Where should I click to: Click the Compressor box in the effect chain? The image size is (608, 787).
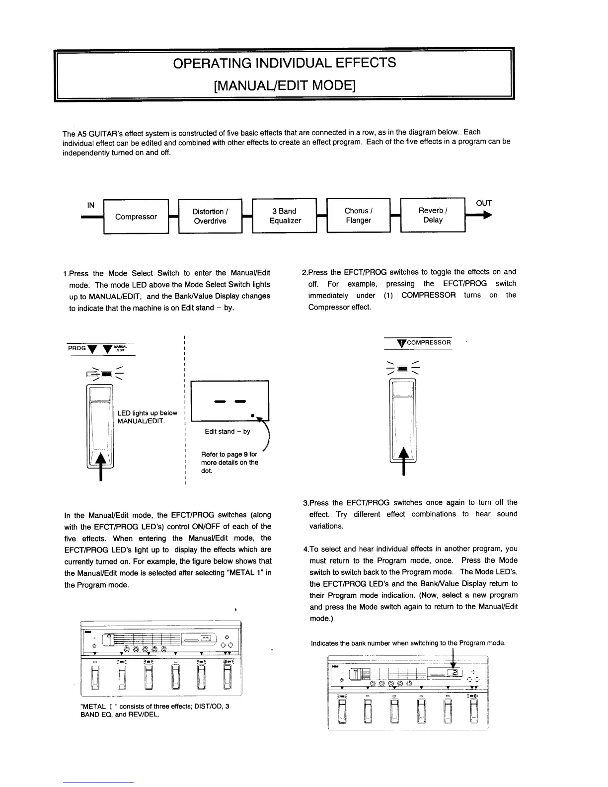point(136,217)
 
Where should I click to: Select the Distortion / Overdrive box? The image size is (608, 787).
point(210,216)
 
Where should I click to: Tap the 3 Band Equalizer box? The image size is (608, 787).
point(285,216)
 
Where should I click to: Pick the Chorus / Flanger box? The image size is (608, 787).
point(358,215)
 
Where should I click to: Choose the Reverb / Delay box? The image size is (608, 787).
point(433,215)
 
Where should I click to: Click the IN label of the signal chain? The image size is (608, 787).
point(91,205)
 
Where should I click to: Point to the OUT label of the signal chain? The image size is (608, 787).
point(483,203)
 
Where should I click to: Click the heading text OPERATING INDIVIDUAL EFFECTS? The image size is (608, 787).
point(285,63)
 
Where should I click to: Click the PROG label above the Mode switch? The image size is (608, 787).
point(76,348)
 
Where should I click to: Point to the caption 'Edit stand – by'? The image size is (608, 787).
point(228,431)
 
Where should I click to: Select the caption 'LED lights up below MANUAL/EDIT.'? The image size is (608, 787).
point(147,417)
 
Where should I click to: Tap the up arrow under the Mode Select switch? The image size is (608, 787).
point(101,465)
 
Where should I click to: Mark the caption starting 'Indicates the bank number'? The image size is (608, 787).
point(408,643)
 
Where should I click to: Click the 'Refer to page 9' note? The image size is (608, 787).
point(229,462)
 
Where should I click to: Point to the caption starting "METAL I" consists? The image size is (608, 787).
point(154,710)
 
